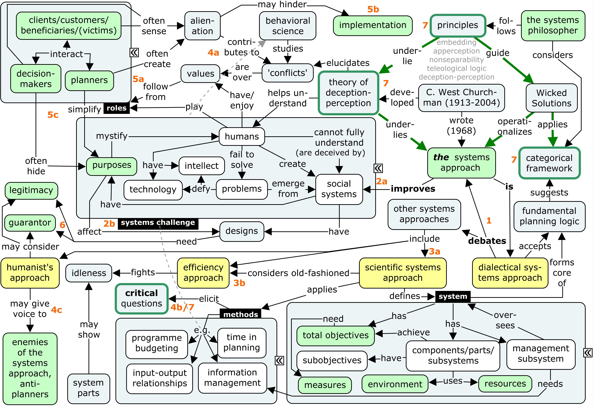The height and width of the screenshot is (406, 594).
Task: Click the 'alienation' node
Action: point(202,26)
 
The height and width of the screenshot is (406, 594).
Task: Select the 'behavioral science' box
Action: point(287,26)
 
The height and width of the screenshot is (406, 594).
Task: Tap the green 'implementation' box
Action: point(372,25)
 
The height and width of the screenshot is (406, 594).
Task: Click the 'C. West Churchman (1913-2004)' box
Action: point(461,97)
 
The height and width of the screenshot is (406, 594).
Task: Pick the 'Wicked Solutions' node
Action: point(551,98)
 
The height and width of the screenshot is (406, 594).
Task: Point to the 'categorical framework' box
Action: point(549,163)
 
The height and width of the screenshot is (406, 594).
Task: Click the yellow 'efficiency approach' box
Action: point(203,273)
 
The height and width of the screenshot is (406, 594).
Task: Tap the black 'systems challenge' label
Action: point(158,223)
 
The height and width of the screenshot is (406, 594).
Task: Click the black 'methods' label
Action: point(240,314)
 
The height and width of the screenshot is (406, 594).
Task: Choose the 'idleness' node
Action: point(89,273)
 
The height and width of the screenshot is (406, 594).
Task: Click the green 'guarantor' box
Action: point(30,223)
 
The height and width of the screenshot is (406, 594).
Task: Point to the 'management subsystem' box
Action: point(540,354)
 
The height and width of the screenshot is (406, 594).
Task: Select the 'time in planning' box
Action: point(241,342)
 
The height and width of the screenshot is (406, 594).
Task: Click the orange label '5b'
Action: point(373,10)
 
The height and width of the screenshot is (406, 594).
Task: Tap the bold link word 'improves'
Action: point(412,189)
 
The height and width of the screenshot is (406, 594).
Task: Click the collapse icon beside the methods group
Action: point(279,360)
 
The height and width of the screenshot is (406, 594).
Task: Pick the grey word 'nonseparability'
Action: point(456,60)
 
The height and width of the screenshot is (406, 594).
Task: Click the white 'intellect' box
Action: point(201,166)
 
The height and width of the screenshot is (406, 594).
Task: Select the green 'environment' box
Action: point(395,384)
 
